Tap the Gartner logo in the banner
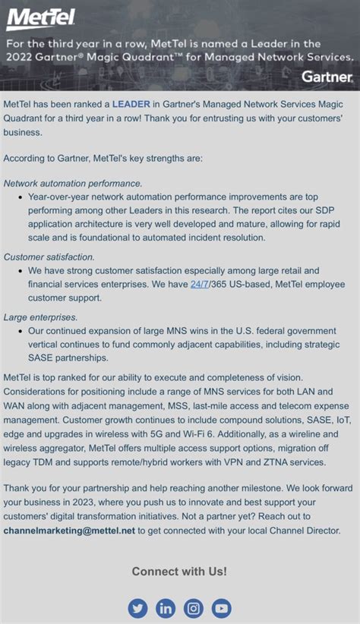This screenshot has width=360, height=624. pyautogui.click(x=327, y=77)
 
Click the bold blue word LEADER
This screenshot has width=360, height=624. pyautogui.click(x=131, y=103)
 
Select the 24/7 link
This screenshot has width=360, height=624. pyautogui.click(x=201, y=285)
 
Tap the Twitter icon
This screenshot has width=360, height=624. pyautogui.click(x=138, y=608)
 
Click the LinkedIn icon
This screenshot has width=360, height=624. pyautogui.click(x=166, y=608)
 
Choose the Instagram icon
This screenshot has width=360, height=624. pyautogui.click(x=194, y=608)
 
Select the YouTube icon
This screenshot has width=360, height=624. pyautogui.click(x=221, y=608)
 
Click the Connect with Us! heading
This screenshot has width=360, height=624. pyautogui.click(x=179, y=572)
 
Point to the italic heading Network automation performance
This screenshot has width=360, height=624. pyautogui.click(x=73, y=183)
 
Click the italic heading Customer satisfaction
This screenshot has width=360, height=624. pyautogui.click(x=49, y=257)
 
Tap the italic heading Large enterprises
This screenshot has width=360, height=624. pyautogui.click(x=41, y=317)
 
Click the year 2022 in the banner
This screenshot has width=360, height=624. pyautogui.click(x=21, y=57)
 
